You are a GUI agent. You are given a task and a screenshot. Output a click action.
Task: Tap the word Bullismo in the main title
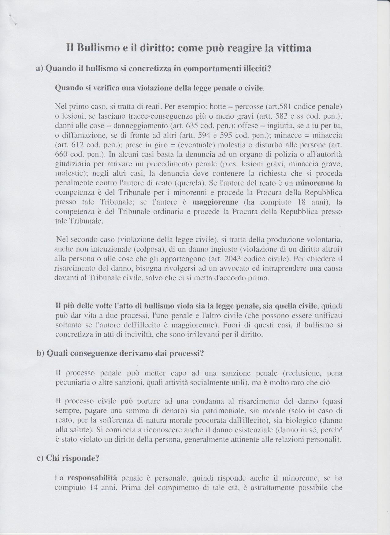pyautogui.click(x=95, y=48)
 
